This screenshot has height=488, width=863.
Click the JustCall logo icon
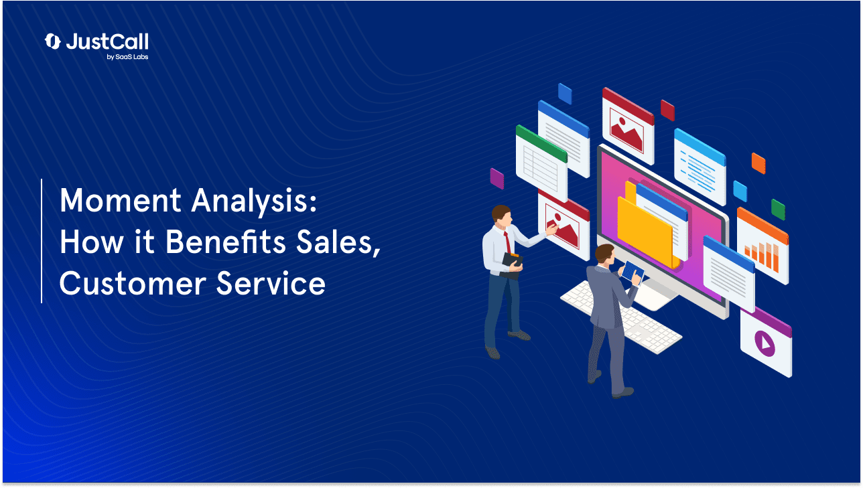coord(52,42)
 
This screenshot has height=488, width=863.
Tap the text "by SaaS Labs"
coord(127,57)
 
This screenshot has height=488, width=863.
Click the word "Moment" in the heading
coord(120,201)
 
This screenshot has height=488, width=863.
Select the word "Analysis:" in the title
coord(255,202)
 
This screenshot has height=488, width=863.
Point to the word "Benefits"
coord(225,242)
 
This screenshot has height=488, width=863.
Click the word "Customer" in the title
coord(133,284)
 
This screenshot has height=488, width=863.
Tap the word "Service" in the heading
coord(271,284)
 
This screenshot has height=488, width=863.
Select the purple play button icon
coord(765,343)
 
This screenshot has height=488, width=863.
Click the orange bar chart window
coord(762,246)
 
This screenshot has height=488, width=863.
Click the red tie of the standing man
coord(508,243)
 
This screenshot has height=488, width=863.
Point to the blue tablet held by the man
coord(633,272)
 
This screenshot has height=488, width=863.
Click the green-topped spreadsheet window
coord(541,163)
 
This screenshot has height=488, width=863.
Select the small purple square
coord(497,179)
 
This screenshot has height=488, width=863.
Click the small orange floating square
coord(758,163)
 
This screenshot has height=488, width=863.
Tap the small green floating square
coord(778,210)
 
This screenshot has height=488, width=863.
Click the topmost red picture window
coord(628,126)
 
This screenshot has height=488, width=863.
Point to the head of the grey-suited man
coord(605,254)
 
